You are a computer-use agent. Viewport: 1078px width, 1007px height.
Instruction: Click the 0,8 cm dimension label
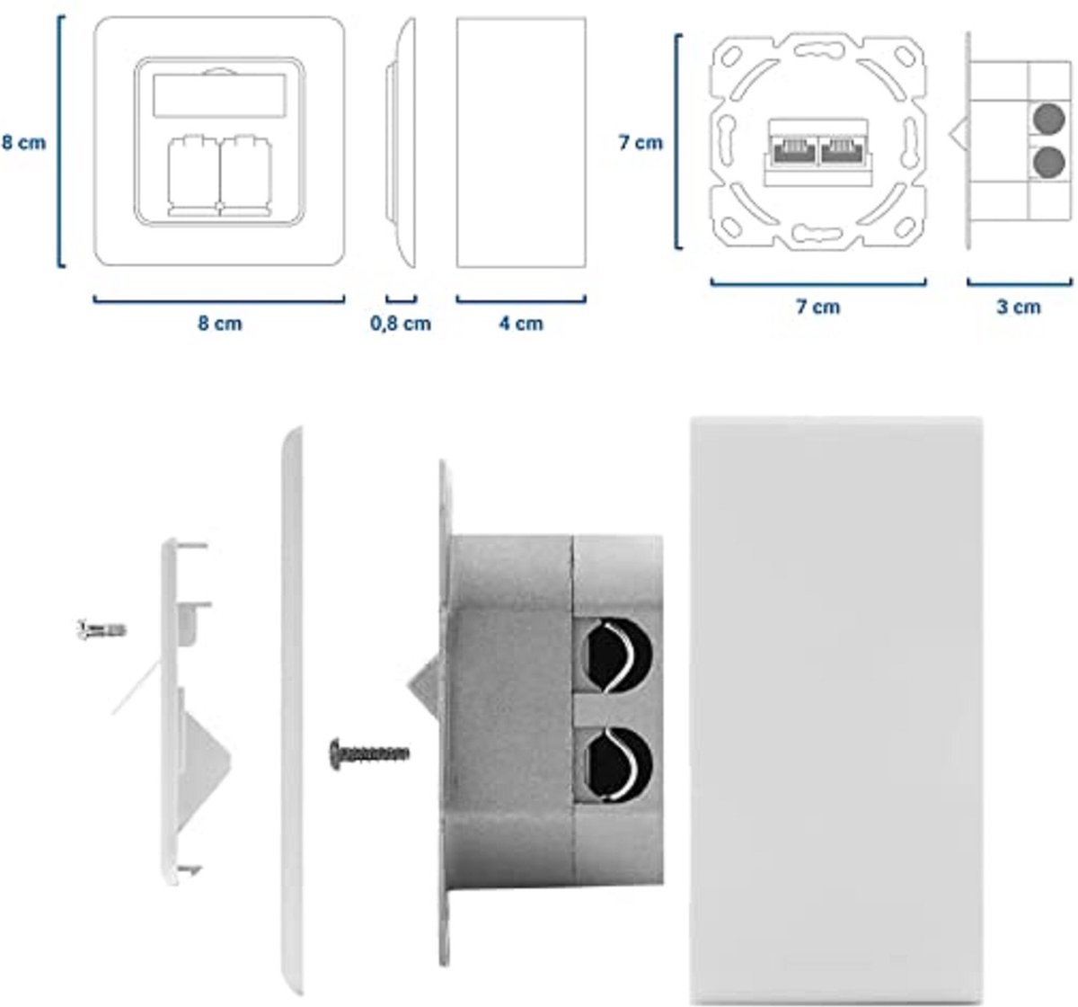[x=401, y=323]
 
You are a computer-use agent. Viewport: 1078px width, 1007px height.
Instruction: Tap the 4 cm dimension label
[x=521, y=323]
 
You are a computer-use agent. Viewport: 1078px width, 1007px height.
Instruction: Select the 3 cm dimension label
[x=1019, y=307]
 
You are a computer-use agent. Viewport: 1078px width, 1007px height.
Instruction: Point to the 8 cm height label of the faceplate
[x=23, y=142]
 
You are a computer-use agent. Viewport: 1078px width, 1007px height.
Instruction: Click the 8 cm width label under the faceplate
[x=220, y=323]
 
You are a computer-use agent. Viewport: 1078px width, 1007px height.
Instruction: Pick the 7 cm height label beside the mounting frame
[x=641, y=142]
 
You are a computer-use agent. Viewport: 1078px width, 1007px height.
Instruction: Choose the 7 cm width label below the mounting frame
[x=818, y=307]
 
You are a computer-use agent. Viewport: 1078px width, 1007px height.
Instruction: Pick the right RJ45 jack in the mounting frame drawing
[x=844, y=148]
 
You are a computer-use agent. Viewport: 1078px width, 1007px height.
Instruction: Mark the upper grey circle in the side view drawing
[x=1045, y=117]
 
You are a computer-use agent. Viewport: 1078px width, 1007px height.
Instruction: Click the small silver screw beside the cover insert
[x=102, y=628]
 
